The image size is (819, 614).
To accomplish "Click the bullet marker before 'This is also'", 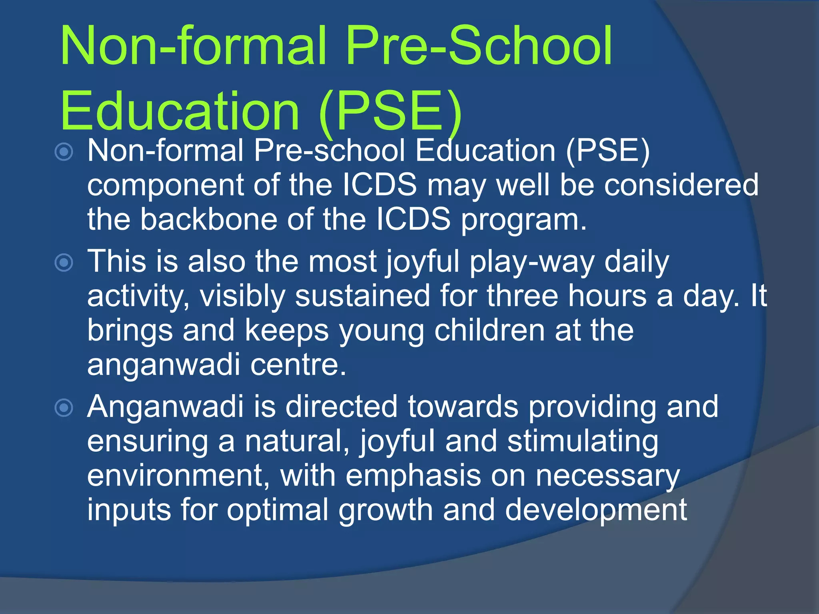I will click(64, 263).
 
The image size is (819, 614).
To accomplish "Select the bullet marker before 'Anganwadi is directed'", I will click(64, 408).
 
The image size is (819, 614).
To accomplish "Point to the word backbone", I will click(208, 219).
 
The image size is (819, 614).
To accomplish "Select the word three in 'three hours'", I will click(522, 296).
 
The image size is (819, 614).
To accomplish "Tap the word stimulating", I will click(583, 441).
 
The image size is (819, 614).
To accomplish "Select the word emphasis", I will click(413, 476).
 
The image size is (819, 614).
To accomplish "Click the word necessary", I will click(607, 476).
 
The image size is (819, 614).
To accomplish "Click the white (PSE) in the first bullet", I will click(608, 151).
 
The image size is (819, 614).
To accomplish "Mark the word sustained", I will click(362, 296).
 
